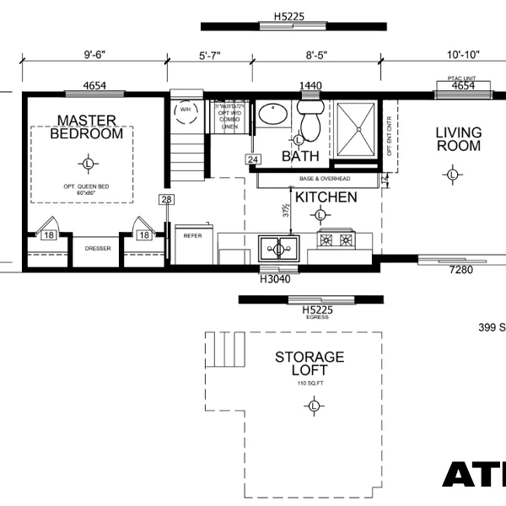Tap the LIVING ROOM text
(x=458, y=139)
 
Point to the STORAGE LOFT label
(x=310, y=363)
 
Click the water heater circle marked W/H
(x=185, y=110)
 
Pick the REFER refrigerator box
(x=193, y=236)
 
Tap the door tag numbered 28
(x=165, y=199)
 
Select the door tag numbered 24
(x=253, y=159)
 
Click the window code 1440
(x=311, y=86)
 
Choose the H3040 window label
(x=275, y=278)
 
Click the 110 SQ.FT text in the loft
(x=310, y=384)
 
